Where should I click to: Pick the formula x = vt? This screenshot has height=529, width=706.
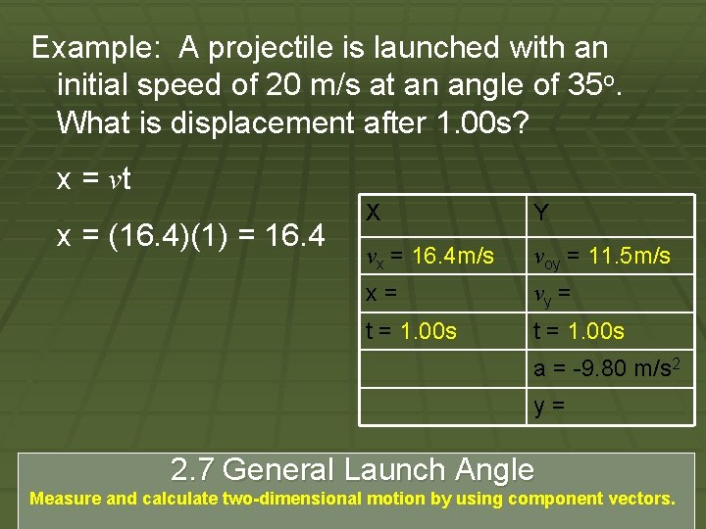coord(94,179)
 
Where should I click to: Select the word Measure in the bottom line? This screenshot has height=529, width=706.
coord(66,499)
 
